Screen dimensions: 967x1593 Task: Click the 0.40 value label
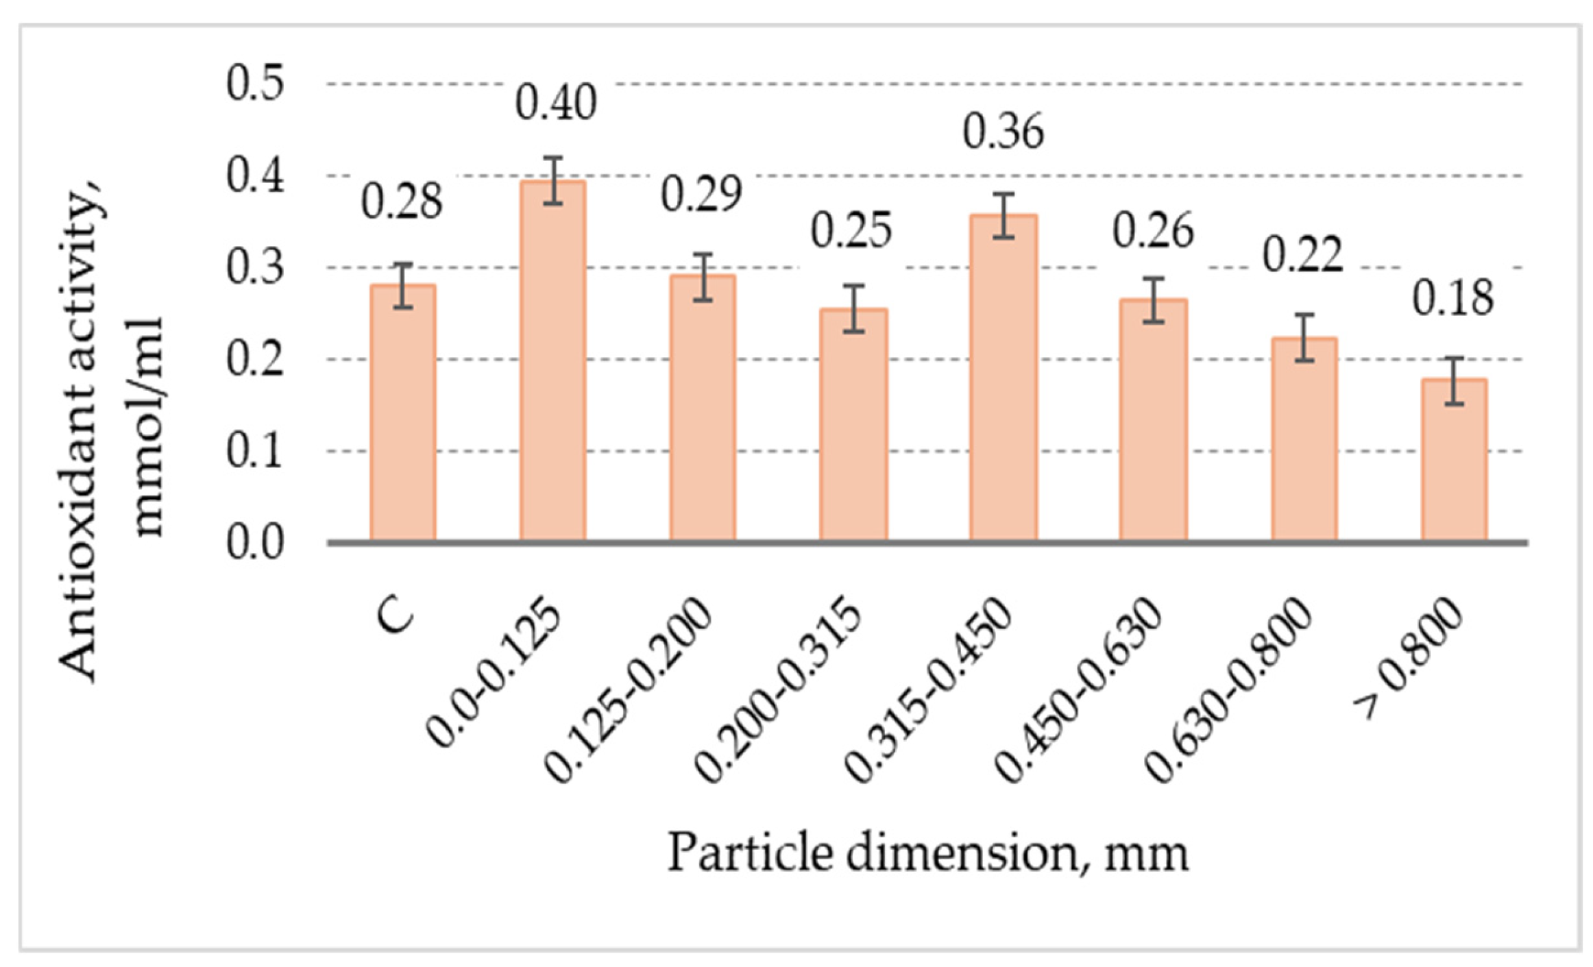click(x=555, y=103)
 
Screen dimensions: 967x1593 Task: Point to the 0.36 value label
click(x=1003, y=132)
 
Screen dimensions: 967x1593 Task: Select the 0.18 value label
click(x=1452, y=299)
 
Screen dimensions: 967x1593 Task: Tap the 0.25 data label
click(x=851, y=231)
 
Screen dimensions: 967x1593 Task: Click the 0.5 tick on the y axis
click(x=255, y=84)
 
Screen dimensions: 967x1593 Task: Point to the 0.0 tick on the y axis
click(x=255, y=543)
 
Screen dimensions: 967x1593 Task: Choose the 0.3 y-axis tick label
click(x=255, y=268)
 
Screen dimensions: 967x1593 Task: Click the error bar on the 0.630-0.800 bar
click(x=1304, y=337)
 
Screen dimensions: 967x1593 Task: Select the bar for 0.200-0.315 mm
click(x=853, y=426)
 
